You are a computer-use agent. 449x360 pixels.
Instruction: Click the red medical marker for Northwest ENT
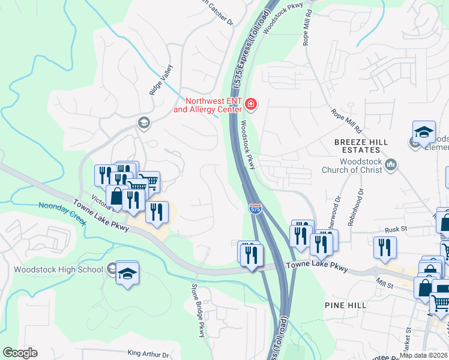pos(250,106)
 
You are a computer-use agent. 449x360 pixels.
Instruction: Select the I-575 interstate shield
pos(255,208)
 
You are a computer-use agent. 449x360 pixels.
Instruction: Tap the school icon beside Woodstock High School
pos(127,273)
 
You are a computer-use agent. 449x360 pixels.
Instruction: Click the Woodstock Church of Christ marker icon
pos(391,164)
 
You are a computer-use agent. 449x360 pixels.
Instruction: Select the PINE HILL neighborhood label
pos(345,305)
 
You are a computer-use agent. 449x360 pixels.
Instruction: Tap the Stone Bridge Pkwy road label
pos(199,310)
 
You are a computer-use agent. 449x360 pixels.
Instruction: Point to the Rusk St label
pos(396,229)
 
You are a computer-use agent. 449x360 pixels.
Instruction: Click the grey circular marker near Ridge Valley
pos(143,124)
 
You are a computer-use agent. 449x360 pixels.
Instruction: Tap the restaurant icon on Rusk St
pos(384,247)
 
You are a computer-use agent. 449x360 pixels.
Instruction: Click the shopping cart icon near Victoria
pos(149,181)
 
